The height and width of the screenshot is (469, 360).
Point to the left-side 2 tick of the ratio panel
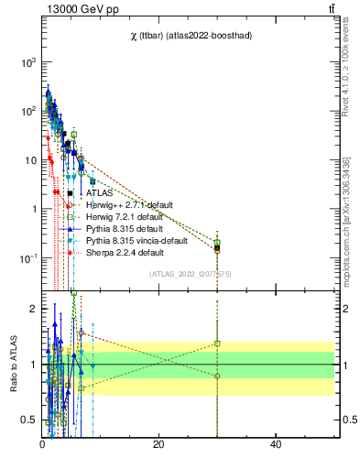[34, 309]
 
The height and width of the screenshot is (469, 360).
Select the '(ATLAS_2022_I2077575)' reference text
[191, 274]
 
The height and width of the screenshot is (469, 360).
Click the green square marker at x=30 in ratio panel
[217, 344]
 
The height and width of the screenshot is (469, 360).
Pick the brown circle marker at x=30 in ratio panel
[217, 376]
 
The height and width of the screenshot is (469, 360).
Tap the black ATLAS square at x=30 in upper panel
[217, 247]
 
